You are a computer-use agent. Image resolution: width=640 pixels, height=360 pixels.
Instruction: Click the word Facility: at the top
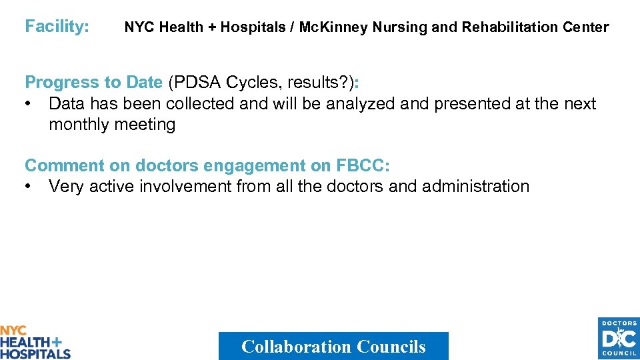tap(57, 27)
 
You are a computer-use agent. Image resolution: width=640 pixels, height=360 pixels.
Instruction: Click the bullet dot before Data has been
tap(29, 104)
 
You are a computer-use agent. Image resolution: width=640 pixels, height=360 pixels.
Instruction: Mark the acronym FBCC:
tap(363, 166)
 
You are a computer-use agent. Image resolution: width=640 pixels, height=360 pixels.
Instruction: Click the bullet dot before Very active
tap(29, 187)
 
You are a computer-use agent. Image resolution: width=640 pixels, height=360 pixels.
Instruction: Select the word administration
tap(476, 187)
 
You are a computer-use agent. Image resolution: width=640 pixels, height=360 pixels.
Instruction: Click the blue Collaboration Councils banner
tap(333, 346)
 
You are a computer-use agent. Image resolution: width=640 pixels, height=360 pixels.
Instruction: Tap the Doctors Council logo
tap(618, 339)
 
